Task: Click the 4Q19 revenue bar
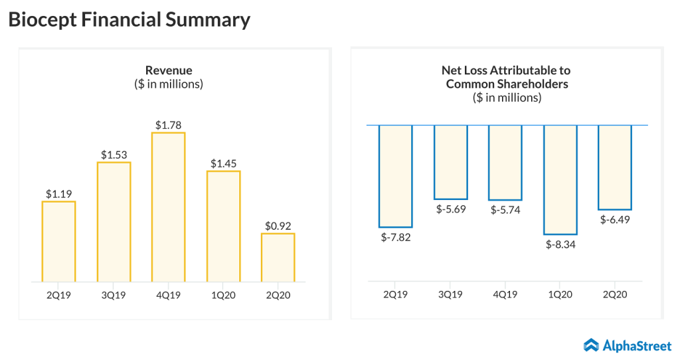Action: pos(168,207)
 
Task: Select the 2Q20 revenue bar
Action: pos(278,257)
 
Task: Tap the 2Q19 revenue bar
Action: pos(58,241)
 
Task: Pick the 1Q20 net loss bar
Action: pos(560,179)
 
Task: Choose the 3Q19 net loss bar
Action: pos(450,162)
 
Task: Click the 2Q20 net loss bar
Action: pos(615,167)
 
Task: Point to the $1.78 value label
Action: pos(168,125)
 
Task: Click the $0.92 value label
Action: pos(278,226)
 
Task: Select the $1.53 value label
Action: pos(114,155)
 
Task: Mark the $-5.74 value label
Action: pos(505,210)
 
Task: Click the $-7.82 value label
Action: pos(396,237)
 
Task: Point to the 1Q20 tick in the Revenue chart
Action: pos(222,293)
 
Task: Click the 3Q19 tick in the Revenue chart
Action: pos(114,293)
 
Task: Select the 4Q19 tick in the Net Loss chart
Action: pos(505,293)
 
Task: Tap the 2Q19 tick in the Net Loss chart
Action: pos(396,293)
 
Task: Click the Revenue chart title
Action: pos(169,70)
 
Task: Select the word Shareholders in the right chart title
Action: pos(529,84)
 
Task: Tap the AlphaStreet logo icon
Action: pos(591,345)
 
